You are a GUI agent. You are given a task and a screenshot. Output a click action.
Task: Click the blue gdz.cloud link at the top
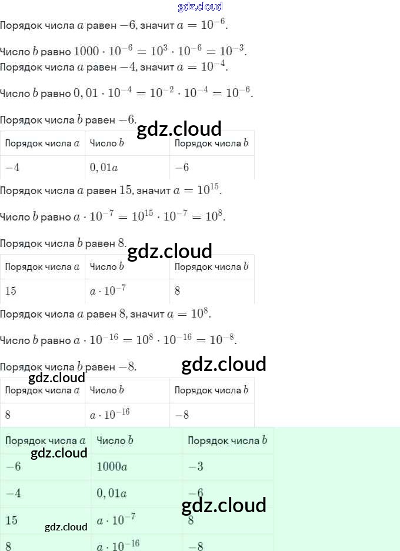coord(200,7)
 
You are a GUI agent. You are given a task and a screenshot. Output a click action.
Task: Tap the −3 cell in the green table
coord(196,467)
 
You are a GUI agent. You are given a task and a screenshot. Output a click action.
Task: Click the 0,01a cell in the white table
coord(104,168)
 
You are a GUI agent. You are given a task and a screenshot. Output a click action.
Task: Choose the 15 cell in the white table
coord(11,290)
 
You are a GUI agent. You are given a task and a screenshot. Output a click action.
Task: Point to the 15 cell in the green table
coord(12,520)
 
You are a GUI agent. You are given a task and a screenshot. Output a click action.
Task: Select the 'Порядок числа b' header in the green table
coord(228,440)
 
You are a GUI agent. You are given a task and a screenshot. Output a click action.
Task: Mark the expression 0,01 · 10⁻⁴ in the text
coord(105,93)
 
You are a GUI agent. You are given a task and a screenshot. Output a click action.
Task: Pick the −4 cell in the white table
coord(12,168)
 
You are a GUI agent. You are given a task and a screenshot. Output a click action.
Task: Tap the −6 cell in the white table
coord(182,168)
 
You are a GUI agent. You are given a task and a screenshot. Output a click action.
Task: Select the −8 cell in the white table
coord(182,415)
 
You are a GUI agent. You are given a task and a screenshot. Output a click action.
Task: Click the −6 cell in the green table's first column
coord(13,467)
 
